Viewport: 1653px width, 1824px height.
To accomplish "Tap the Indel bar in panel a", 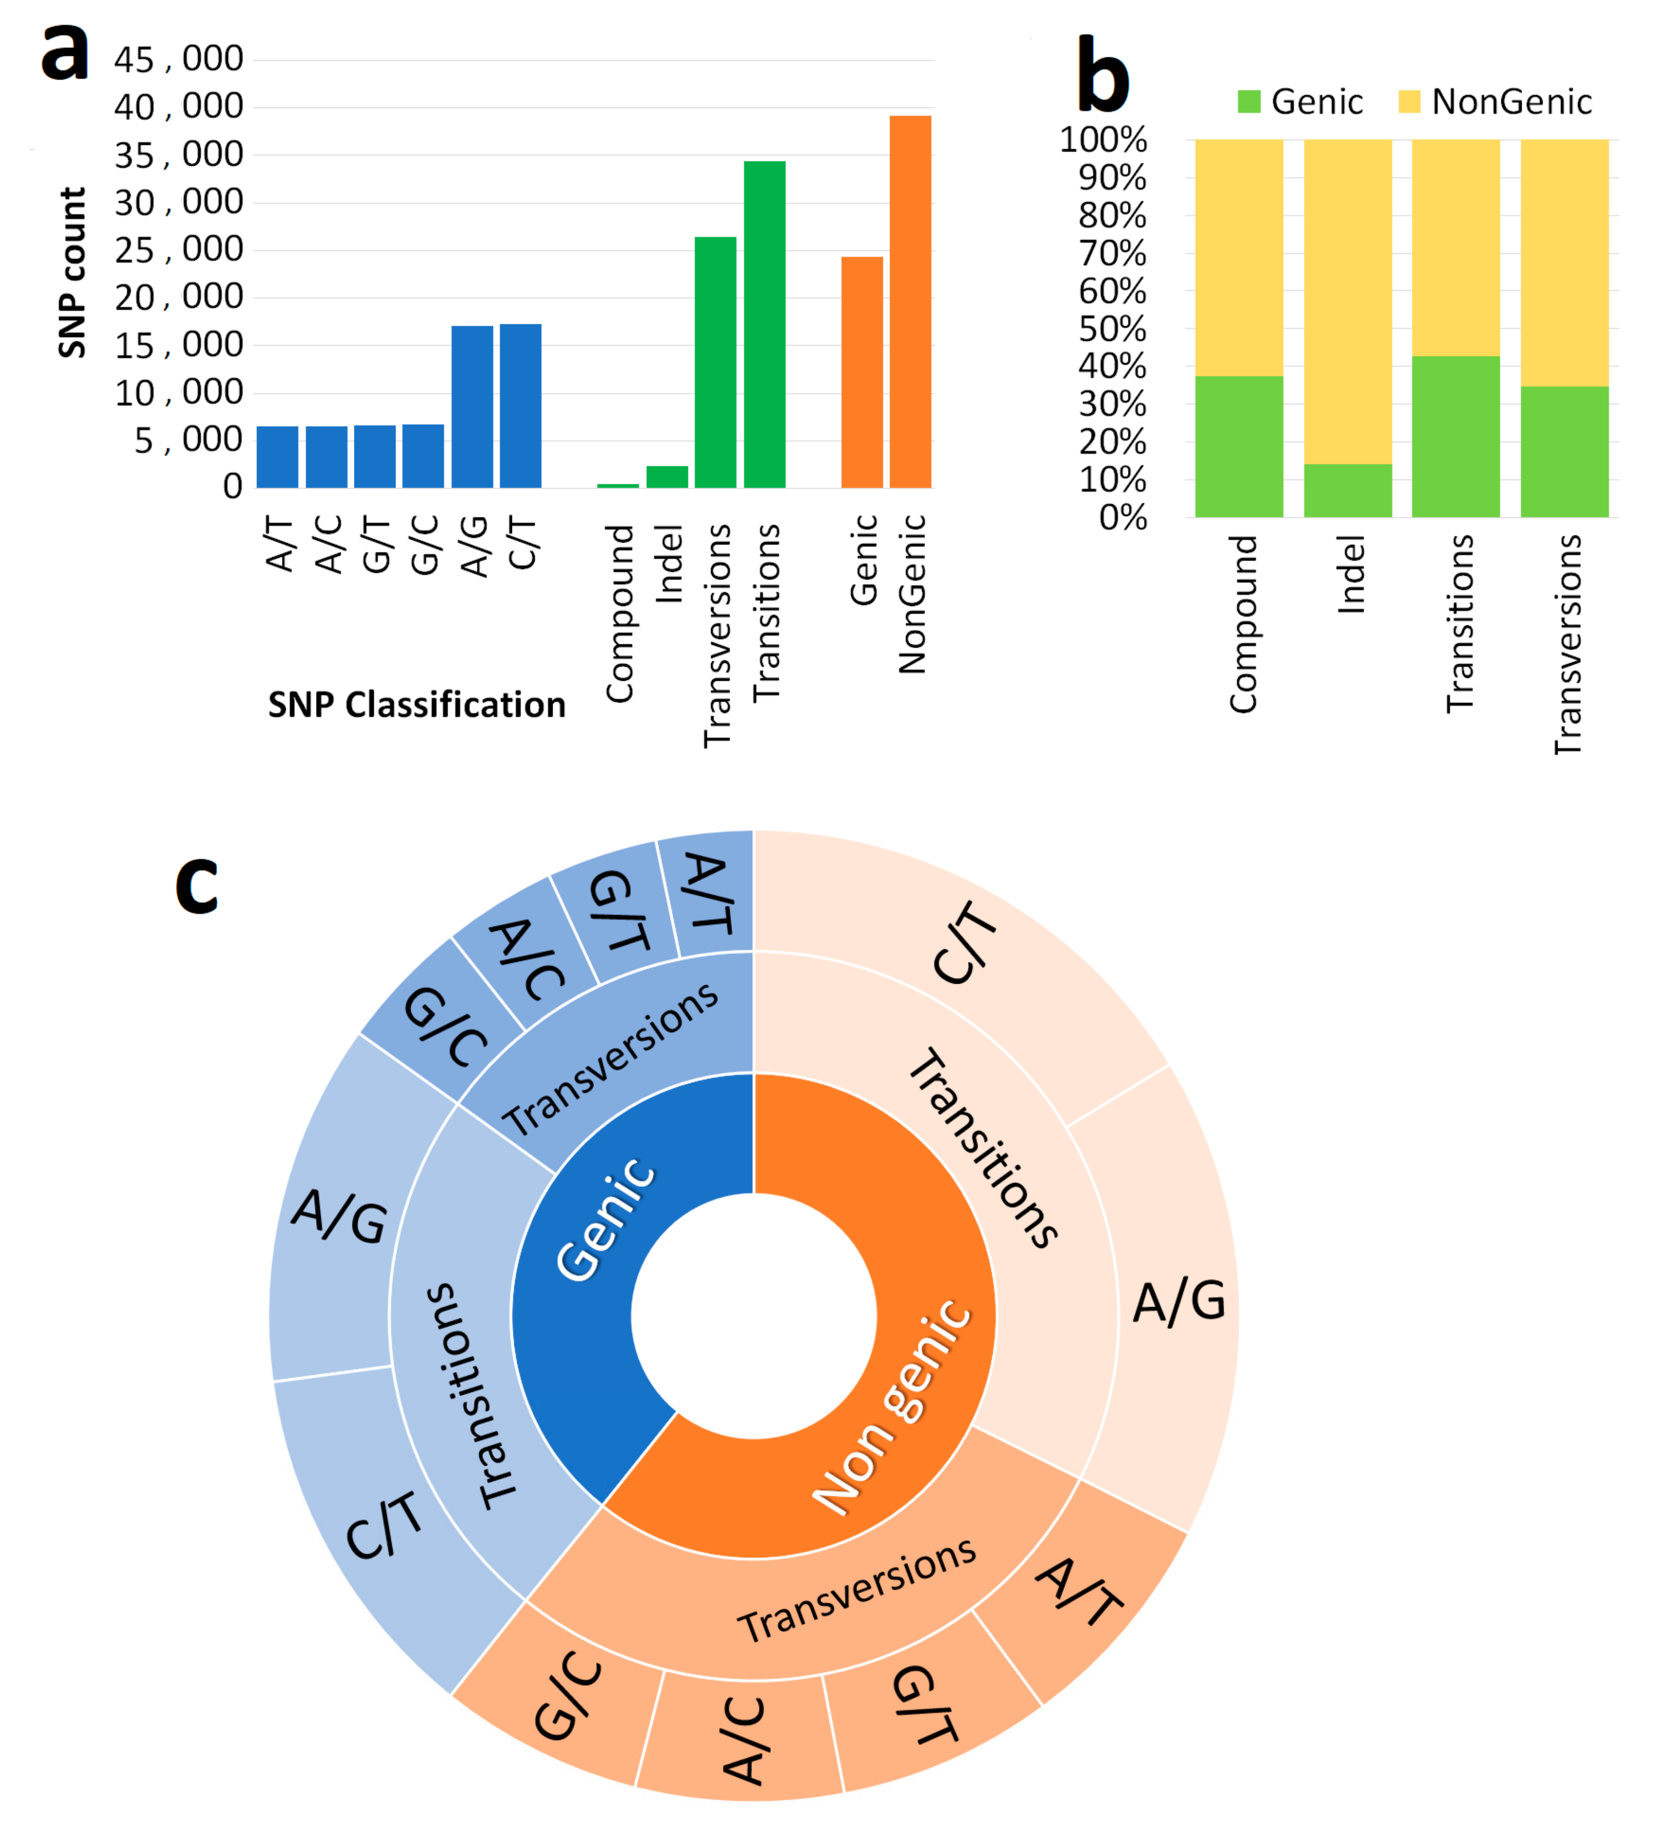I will point(667,477).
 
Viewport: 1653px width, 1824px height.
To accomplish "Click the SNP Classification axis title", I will point(416,705).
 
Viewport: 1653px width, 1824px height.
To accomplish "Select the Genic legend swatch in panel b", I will point(1249,101).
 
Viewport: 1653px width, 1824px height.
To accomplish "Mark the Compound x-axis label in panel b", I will point(1242,624).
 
